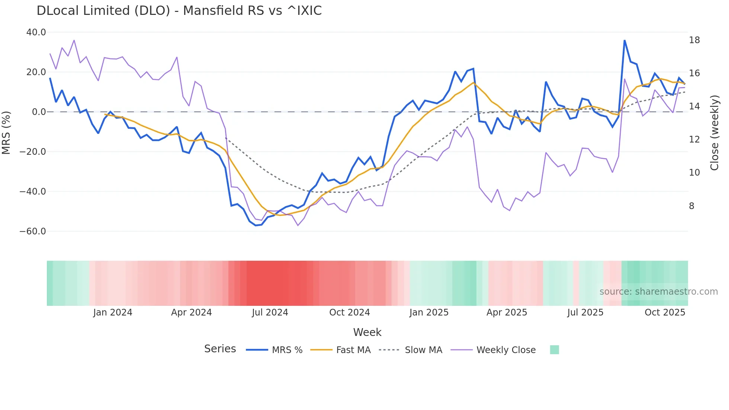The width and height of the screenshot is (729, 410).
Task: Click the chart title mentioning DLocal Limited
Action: pyautogui.click(x=179, y=11)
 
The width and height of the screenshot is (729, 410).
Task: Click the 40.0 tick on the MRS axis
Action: pyautogui.click(x=36, y=32)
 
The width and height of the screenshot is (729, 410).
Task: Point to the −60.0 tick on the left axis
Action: pyautogui.click(x=33, y=231)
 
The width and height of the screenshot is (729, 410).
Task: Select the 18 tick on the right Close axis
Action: pyautogui.click(x=694, y=40)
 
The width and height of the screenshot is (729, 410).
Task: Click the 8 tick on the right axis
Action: pyautogui.click(x=691, y=206)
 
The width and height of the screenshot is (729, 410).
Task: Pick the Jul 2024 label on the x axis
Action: pyautogui.click(x=270, y=313)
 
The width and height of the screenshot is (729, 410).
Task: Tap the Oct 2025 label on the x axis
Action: pyautogui.click(x=665, y=313)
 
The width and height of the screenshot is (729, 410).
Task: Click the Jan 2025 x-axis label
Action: pyautogui.click(x=429, y=313)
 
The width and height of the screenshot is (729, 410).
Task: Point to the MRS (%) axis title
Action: pyautogui.click(x=6, y=133)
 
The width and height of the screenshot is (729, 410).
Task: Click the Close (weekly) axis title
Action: pyautogui.click(x=714, y=133)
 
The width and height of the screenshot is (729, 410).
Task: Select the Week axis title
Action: pyautogui.click(x=367, y=332)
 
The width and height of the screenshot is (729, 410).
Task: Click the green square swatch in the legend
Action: pyautogui.click(x=554, y=350)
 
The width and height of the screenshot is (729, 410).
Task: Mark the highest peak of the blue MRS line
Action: pyautogui.click(x=624, y=40)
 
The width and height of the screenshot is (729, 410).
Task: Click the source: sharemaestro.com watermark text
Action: pyautogui.click(x=658, y=292)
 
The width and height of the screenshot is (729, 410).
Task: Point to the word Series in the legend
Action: pyautogui.click(x=220, y=349)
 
